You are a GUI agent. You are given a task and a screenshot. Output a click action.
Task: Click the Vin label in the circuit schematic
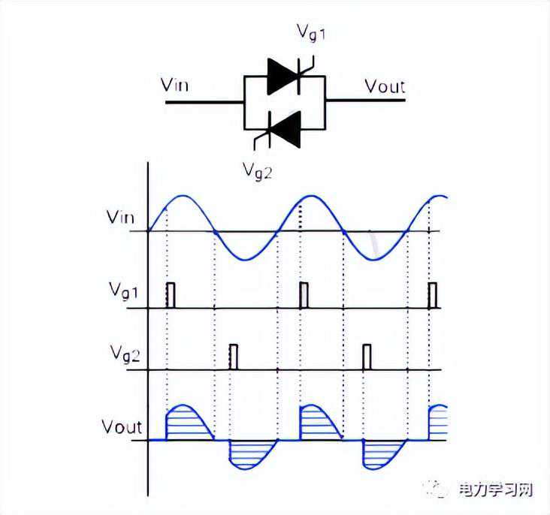(175, 83)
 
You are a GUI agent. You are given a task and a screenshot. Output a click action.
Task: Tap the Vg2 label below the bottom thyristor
(257, 170)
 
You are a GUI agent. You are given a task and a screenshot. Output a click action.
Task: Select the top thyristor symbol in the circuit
(284, 77)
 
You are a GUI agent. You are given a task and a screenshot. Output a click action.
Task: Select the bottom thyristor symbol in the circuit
(284, 126)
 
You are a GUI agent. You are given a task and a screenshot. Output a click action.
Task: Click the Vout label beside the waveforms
(122, 428)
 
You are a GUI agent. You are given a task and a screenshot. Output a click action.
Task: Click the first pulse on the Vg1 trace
(171, 295)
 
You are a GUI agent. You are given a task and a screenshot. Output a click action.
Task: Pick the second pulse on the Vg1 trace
(304, 295)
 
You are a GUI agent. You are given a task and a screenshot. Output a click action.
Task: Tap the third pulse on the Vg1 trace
(433, 295)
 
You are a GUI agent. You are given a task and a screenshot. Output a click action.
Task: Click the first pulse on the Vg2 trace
(234, 357)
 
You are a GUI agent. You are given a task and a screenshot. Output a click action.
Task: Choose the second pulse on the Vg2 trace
(367, 357)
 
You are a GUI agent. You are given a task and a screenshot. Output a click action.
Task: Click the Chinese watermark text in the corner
(495, 490)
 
